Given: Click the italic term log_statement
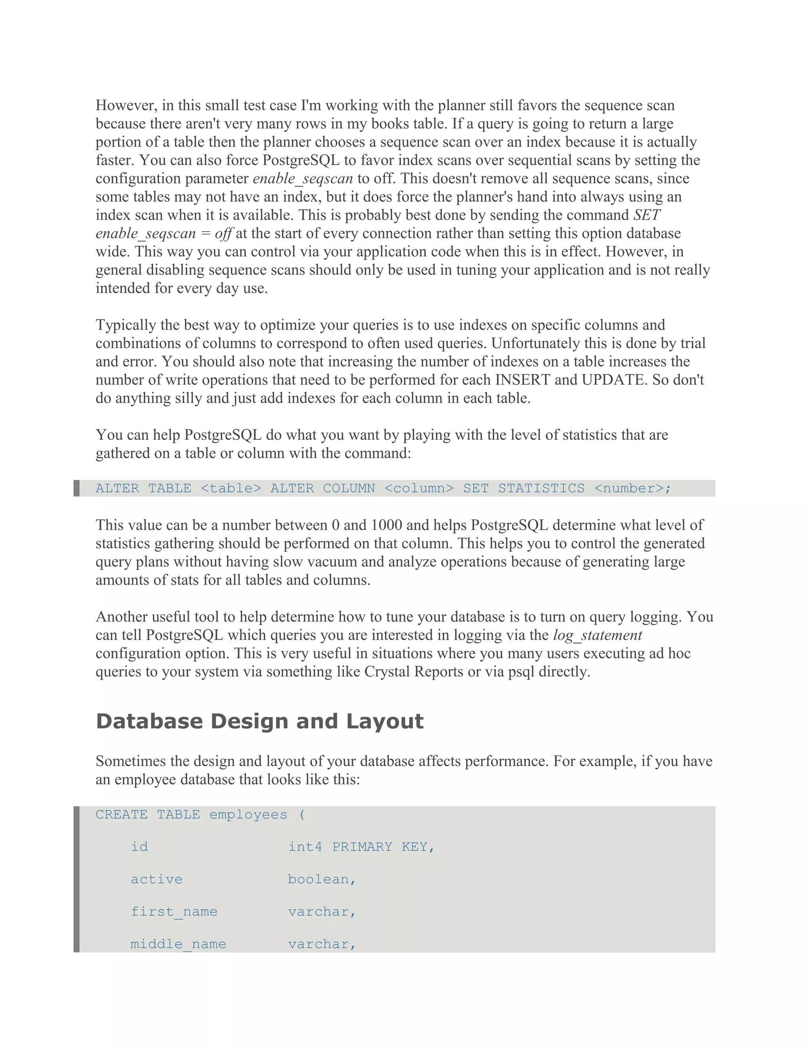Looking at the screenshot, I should [597, 635].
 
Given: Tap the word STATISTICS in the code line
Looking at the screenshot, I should [541, 488].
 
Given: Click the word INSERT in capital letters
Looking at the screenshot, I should [523, 380].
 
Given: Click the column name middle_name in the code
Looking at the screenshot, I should [178, 944].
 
